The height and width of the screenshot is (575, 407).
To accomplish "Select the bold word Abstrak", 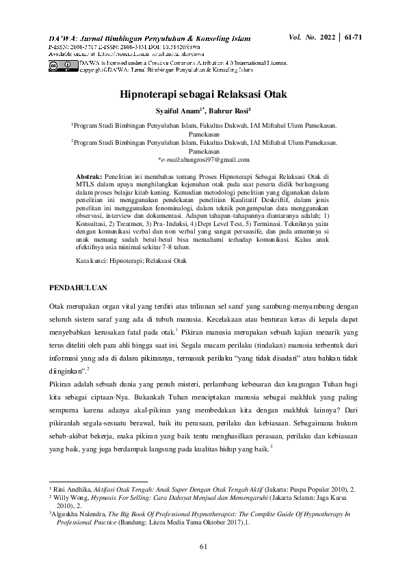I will tap(88, 176).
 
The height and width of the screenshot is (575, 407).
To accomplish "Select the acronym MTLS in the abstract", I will tap(86, 184).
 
